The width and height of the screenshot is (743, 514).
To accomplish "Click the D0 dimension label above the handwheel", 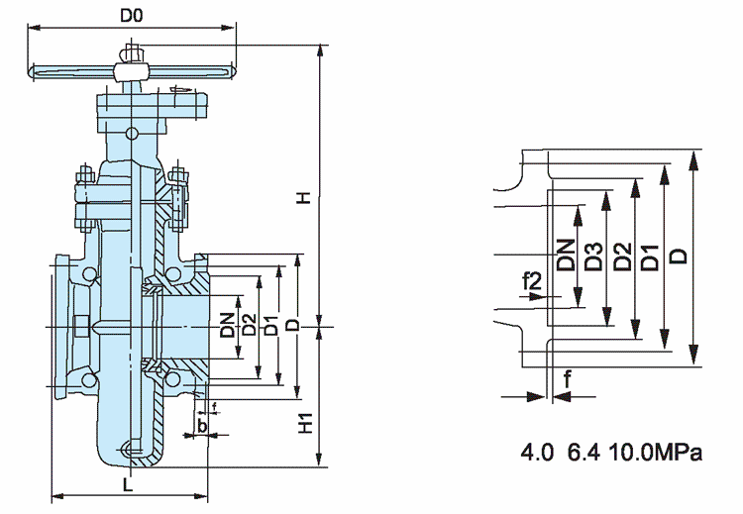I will (x=132, y=16).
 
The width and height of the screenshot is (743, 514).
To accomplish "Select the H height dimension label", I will (x=306, y=197).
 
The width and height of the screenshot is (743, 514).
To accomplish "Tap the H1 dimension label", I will (x=307, y=425).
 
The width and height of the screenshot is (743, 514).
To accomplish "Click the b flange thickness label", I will (x=202, y=425).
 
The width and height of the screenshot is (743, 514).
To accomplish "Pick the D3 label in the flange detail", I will (x=592, y=256).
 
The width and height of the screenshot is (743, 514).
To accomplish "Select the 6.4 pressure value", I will (x=583, y=454).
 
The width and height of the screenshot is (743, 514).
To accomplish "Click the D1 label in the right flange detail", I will (x=650, y=256).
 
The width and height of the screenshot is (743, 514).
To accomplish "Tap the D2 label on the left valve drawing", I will (x=249, y=324).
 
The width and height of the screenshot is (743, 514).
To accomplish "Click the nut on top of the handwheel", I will (x=132, y=53).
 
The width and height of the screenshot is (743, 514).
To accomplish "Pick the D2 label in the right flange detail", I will (x=621, y=256).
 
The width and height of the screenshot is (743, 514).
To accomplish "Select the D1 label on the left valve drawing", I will (x=269, y=324).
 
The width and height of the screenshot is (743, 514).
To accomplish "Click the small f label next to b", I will (x=215, y=406).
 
